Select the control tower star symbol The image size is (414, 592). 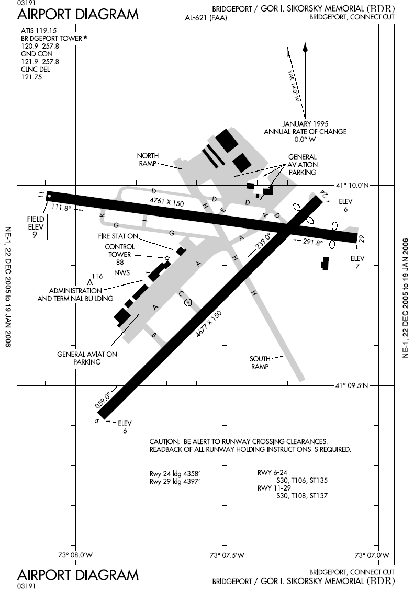pyautogui.click(x=167, y=258)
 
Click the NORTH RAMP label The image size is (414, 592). pyautogui.click(x=148, y=160)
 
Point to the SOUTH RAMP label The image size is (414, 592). pyautogui.click(x=260, y=362)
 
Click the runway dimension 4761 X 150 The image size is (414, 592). pyautogui.click(x=166, y=201)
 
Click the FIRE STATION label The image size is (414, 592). pyautogui.click(x=118, y=236)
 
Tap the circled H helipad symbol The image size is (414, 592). pyautogui.click(x=188, y=302)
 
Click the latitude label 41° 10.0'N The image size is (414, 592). pyautogui.click(x=353, y=185)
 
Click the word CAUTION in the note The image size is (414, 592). pyautogui.click(x=164, y=441)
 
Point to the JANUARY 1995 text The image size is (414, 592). pyautogui.click(x=305, y=123)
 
